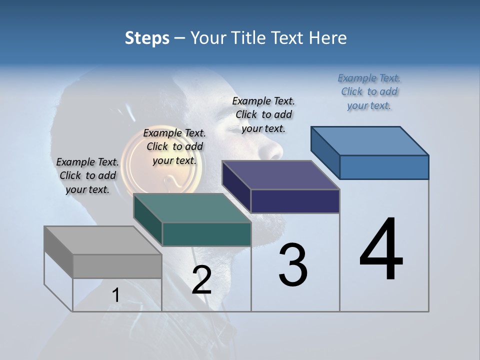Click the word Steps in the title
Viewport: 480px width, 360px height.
coord(147,38)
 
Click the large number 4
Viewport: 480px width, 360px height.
coord(381,249)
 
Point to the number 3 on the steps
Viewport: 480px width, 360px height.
coord(292,265)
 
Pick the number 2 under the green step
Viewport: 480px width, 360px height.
coord(201,280)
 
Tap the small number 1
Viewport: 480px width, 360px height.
coord(116,295)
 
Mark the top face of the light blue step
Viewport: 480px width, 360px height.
coord(370,141)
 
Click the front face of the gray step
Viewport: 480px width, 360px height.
coord(117,266)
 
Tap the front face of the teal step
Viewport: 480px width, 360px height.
coord(206,234)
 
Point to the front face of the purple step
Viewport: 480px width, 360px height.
coord(295,201)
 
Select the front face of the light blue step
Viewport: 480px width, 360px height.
coord(384,167)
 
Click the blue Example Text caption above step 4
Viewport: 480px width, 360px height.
coord(369,92)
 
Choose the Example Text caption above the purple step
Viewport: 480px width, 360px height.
coord(263,114)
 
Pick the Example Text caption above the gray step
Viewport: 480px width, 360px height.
coord(87,175)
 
